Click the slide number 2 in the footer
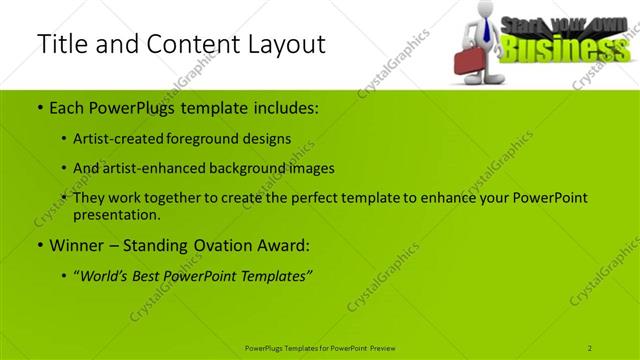click(591, 347)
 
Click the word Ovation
click(214, 244)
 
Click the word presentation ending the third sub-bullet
click(116, 214)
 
